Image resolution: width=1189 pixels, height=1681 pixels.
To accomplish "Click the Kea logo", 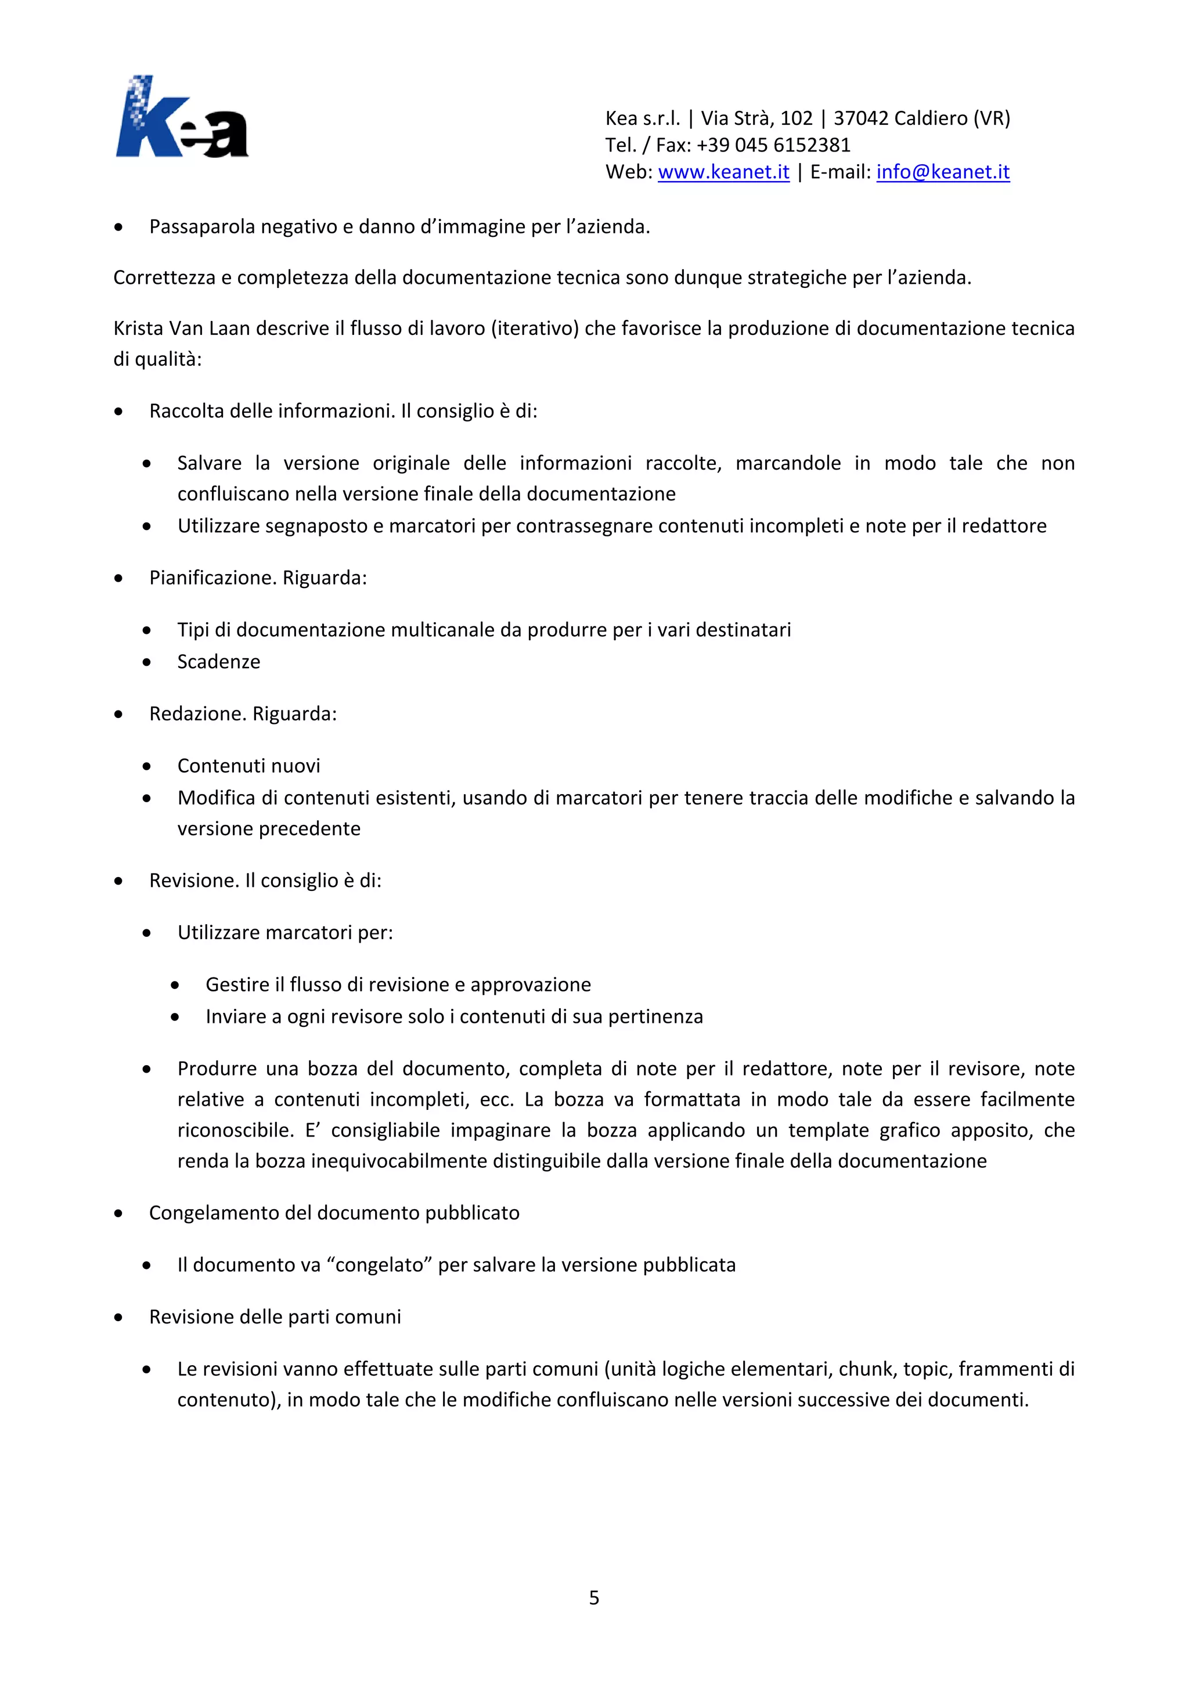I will [x=182, y=117].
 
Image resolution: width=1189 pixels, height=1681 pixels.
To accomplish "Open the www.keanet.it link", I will [x=723, y=172].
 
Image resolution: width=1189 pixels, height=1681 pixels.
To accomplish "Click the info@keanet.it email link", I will [x=943, y=172].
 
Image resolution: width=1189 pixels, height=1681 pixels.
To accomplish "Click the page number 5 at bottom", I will [x=594, y=1597].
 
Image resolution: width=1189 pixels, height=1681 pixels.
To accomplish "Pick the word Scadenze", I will [x=218, y=662].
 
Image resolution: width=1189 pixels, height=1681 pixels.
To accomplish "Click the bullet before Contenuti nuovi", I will [x=147, y=767].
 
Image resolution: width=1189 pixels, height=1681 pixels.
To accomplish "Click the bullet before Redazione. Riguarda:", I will [x=118, y=715].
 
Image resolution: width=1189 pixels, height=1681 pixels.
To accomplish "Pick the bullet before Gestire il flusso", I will [x=175, y=986].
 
